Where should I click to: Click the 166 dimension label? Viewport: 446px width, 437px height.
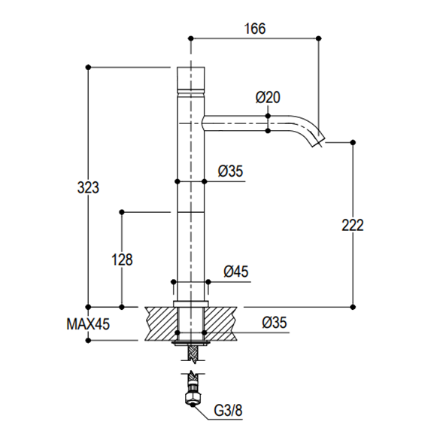[255, 29]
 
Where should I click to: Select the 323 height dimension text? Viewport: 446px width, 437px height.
[88, 188]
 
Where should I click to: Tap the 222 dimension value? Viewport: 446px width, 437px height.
[353, 226]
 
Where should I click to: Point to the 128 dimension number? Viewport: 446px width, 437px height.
[122, 259]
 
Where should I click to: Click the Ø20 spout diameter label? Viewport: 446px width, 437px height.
[268, 97]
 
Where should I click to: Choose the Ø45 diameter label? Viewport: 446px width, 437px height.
[236, 272]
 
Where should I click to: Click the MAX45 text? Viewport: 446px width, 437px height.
[88, 323]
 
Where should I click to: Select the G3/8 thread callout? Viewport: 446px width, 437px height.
[228, 411]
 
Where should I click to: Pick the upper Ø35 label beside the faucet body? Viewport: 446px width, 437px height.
[230, 171]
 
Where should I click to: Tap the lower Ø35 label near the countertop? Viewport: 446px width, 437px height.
[275, 323]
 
